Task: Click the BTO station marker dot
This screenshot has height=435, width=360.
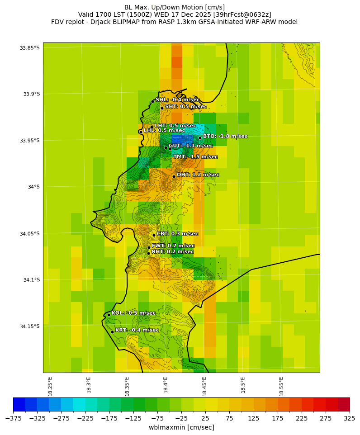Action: point(200,138)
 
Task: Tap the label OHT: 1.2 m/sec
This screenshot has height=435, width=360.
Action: point(198,175)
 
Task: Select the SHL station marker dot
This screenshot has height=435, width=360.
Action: point(153,101)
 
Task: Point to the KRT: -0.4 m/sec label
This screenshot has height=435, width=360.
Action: point(137,330)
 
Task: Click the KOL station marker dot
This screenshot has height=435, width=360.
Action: point(109,315)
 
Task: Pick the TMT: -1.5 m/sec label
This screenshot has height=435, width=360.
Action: point(195,156)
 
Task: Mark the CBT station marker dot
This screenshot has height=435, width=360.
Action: point(154,235)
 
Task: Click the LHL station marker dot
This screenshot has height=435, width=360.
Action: point(141,132)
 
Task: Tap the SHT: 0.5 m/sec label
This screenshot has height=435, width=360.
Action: point(186,107)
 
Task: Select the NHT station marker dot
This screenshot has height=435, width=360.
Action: point(148,253)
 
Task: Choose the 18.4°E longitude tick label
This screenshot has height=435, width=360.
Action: point(166,385)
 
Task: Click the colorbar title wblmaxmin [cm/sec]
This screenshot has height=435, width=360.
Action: point(181,427)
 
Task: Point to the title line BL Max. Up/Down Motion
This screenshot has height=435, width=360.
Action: point(175,7)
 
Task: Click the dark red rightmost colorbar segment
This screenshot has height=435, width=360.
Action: point(344,404)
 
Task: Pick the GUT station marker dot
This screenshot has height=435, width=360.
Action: point(166,147)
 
